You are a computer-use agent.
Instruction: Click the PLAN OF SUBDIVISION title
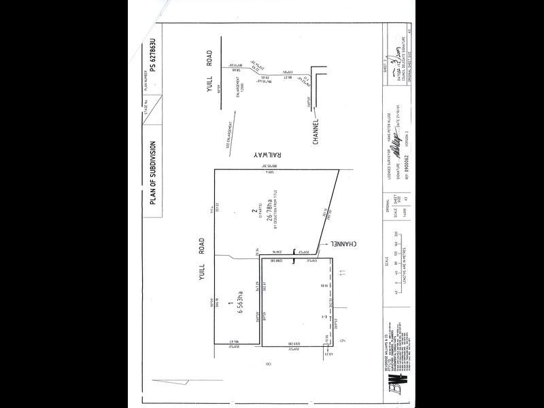pyautogui.click(x=153, y=173)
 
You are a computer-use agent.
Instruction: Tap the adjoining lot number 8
pyautogui.click(x=269, y=364)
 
